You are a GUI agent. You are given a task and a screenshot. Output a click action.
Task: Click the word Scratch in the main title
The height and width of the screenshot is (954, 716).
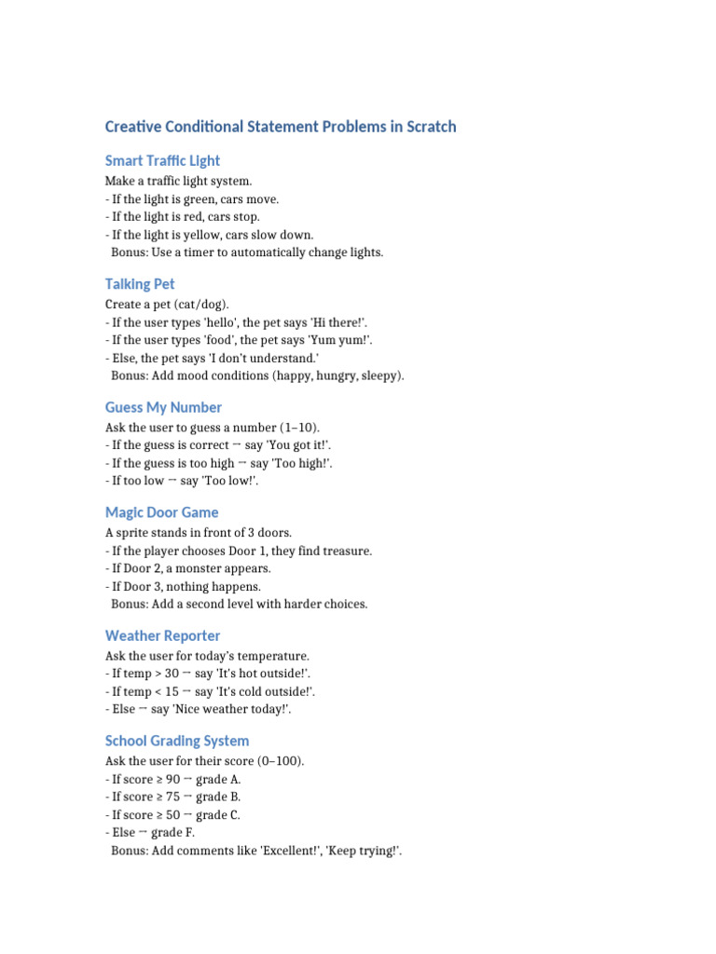coord(431,127)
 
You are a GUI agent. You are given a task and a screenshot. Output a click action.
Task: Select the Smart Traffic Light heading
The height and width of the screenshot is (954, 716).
coord(162,160)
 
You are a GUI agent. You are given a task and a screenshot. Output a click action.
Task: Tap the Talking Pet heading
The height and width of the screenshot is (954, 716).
coord(140,284)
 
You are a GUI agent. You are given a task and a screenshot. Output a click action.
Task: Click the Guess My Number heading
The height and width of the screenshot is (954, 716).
coord(163,407)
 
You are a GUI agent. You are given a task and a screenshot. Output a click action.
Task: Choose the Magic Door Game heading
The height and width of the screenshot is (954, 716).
coord(161,512)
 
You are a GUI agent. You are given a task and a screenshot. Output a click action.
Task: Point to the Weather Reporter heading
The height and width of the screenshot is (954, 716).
coord(162,635)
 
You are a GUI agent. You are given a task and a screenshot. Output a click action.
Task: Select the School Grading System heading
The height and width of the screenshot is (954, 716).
coord(177,741)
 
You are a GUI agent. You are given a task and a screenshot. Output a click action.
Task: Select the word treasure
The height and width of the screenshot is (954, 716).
coord(347,551)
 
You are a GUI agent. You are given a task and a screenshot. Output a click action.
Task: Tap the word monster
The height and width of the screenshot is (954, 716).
coord(197,568)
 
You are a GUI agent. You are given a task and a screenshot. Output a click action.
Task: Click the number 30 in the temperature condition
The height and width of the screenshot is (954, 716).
coord(171,674)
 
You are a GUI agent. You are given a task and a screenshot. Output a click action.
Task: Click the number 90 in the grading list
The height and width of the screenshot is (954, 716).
coord(172,779)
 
